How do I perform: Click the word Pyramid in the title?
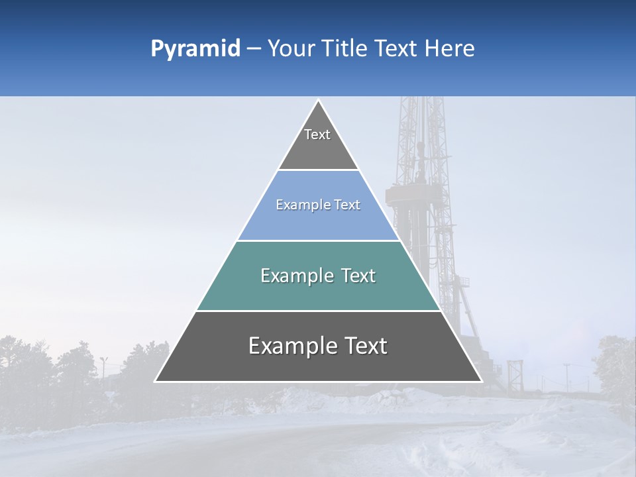195,49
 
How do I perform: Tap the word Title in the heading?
347,49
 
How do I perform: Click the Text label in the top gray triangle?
317,134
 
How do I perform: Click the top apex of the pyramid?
318,101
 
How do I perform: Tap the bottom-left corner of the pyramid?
156,381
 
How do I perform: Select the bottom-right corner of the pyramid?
481,381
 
